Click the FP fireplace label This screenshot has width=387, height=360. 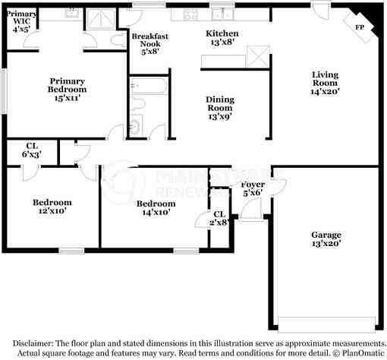coord(359,27)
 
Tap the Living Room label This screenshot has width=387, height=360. coord(326,82)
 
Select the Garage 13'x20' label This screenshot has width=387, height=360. coord(326,239)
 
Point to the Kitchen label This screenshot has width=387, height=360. coord(222,38)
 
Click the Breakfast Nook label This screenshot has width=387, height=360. coord(149,44)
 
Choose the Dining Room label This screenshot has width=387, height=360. coord(221,108)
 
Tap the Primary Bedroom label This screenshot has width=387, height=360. coord(67,90)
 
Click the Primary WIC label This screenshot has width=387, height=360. coord(21,21)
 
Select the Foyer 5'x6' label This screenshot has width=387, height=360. coord(253,189)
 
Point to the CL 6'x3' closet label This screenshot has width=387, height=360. coord(31,149)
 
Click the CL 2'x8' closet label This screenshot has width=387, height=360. coord(219,219)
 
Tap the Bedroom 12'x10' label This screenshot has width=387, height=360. coord(52,207)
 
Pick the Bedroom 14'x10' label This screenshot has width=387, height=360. coord(158,208)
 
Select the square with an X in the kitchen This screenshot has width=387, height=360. coord(260,56)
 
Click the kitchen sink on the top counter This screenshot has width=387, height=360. coord(222,13)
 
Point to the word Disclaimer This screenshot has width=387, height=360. coord(33,343)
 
